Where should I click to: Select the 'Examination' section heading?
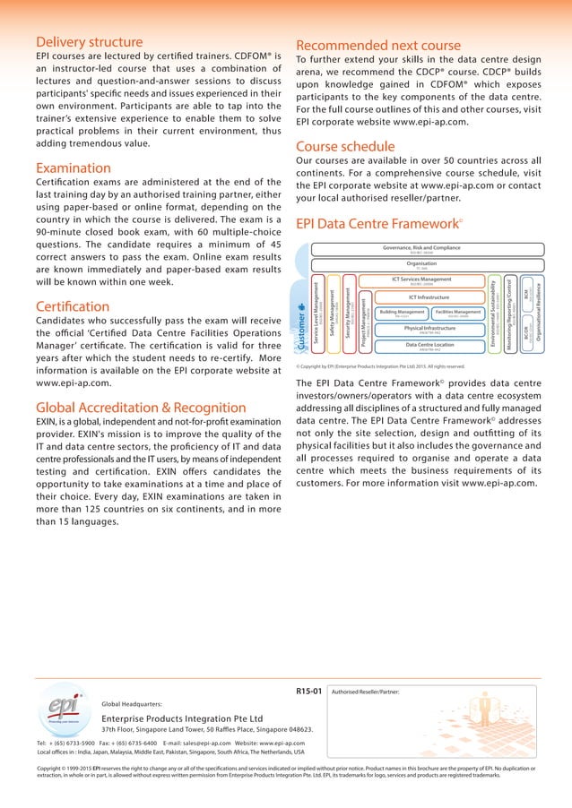coord(74,168)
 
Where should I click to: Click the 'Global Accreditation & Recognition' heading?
coord(141,408)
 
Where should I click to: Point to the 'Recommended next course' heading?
coord(378,45)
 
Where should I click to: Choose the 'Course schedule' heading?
coord(346,145)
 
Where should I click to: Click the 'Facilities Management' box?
coord(457,313)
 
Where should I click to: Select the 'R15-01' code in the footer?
coord(308,691)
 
